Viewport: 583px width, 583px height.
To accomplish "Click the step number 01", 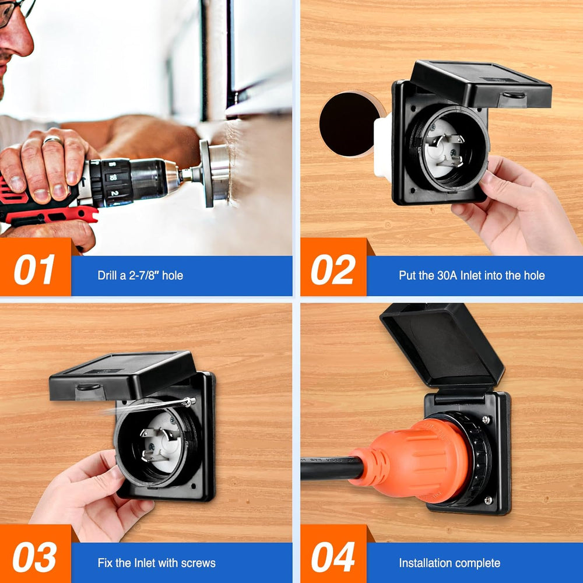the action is tap(34, 269).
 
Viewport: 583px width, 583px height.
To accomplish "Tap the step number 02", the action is tap(333, 269).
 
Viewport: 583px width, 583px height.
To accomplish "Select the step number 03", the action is tap(34, 557).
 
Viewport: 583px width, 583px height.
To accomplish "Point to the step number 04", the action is tap(333, 557).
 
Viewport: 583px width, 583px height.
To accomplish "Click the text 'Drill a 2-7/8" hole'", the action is tap(140, 276).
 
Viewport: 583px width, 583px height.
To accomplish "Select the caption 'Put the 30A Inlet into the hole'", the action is tap(472, 276).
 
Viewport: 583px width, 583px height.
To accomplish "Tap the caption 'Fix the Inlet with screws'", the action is tap(156, 563).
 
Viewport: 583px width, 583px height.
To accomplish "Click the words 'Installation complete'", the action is tap(449, 563).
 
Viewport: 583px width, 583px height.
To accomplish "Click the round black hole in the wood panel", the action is tap(349, 124).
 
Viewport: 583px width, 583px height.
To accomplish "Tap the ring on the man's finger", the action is tap(53, 140).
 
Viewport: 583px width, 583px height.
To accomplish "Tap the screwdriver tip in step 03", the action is tap(189, 401).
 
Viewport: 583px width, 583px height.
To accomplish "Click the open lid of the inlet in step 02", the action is tap(482, 84).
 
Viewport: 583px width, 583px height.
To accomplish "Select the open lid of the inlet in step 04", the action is tap(442, 346).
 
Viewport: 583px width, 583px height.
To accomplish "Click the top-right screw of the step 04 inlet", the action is tap(486, 420).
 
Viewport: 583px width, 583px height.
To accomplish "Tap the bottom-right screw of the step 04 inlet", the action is tap(489, 500).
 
